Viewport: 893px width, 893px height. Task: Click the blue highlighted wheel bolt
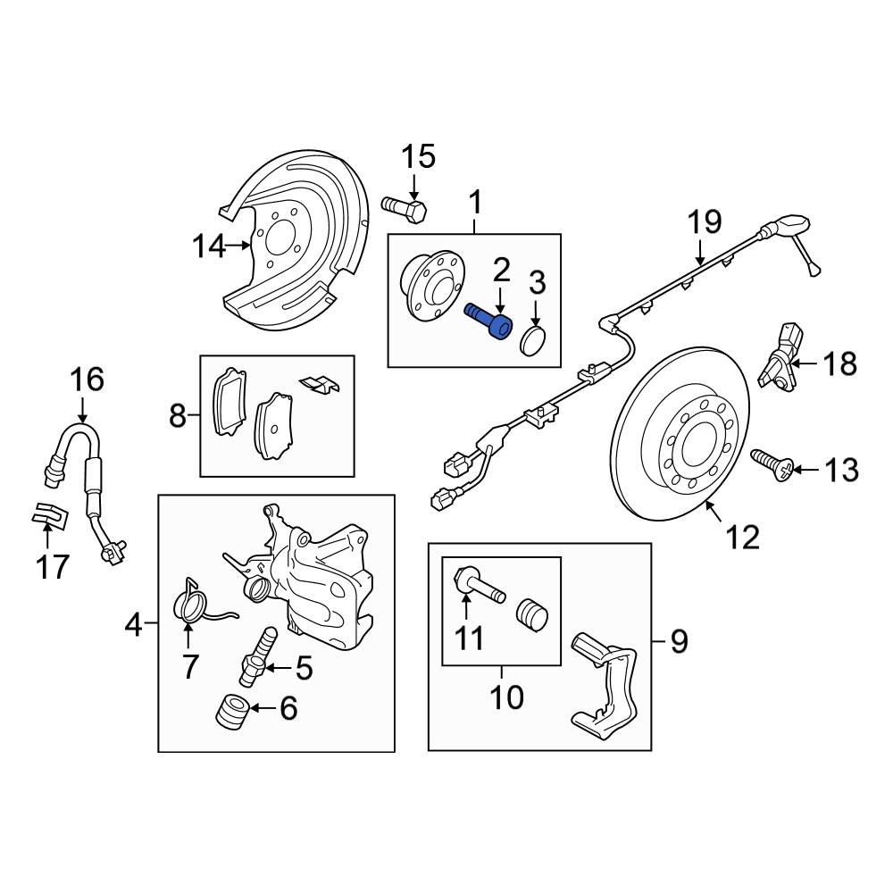[489, 322]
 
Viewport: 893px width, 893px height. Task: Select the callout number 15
[417, 156]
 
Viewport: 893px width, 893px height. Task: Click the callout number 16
[88, 380]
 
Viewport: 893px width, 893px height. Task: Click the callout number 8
[177, 415]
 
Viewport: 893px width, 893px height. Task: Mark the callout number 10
[507, 697]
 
